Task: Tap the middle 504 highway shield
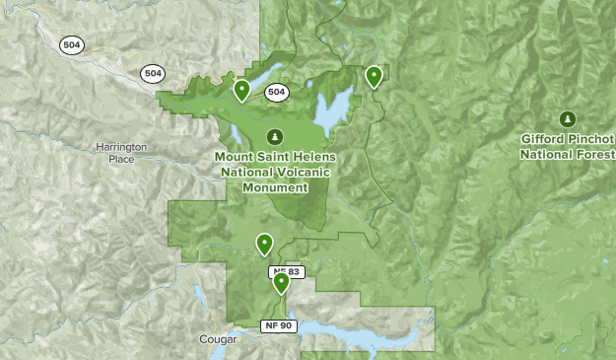(x=152, y=74)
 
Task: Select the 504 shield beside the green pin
(x=276, y=93)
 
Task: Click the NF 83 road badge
(x=284, y=271)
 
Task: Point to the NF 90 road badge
(x=278, y=325)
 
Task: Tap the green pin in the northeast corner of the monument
(x=374, y=76)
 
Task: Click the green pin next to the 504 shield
(x=241, y=91)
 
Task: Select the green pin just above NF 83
(x=264, y=243)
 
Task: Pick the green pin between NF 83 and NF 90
(x=282, y=283)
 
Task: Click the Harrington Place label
(x=121, y=153)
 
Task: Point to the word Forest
(x=594, y=154)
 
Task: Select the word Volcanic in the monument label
(x=297, y=172)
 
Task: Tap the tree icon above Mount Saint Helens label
(x=275, y=136)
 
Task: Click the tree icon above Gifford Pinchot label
(x=568, y=119)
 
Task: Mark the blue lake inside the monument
(x=332, y=110)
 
